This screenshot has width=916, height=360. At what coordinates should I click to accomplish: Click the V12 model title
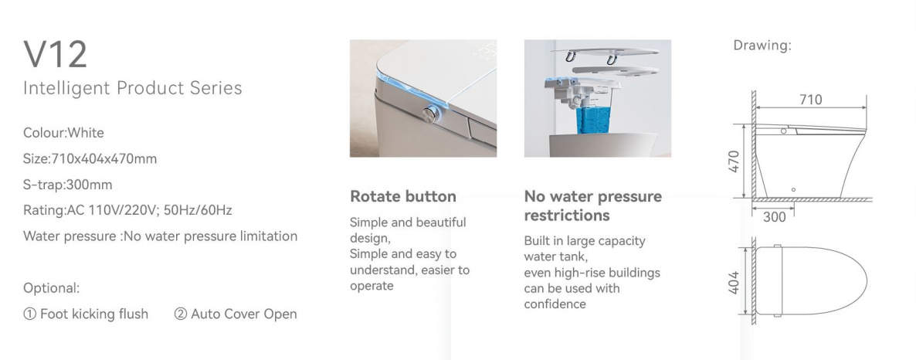56,54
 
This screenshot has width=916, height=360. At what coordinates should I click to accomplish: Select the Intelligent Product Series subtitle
133,88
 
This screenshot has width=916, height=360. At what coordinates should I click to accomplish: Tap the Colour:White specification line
63,133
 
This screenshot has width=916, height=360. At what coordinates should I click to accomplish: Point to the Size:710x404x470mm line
90,158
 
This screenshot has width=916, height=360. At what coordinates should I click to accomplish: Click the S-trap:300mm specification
68,185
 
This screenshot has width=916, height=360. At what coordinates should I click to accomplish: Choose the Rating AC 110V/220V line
127,210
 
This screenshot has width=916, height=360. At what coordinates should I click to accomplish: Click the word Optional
52,288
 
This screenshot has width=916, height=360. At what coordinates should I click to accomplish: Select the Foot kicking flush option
86,314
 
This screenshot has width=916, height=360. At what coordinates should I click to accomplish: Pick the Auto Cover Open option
236,314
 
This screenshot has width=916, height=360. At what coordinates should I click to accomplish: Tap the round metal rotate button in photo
431,114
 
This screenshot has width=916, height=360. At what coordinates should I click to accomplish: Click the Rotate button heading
403,196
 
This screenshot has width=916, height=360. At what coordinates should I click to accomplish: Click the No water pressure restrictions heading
593,205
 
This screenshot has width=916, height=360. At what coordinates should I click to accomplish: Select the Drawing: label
762,46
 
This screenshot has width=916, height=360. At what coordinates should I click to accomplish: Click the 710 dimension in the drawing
811,100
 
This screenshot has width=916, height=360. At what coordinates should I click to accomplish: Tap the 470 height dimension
734,161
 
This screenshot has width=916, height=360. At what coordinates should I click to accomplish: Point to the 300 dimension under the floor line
775,217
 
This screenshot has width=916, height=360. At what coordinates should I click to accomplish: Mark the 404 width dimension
734,282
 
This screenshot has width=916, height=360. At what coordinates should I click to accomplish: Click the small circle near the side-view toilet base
793,190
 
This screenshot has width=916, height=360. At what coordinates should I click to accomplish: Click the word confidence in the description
555,304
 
